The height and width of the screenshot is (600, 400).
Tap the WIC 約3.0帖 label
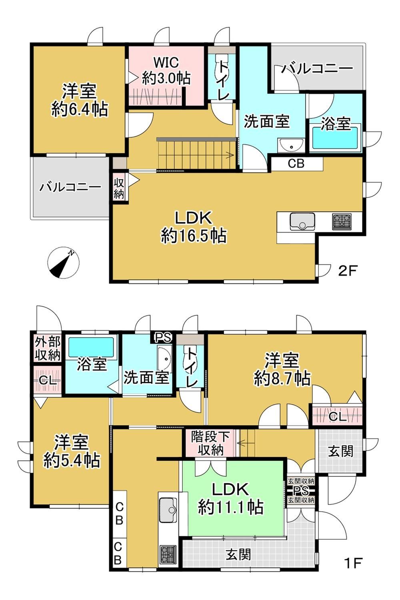point(166,71)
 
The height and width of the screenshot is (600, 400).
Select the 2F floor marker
point(348,271)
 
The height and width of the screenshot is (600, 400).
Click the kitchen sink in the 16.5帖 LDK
point(302,221)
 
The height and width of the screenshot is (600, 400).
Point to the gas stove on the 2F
point(342,221)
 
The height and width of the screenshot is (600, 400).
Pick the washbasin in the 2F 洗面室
point(291,146)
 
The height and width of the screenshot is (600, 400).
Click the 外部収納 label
point(48,348)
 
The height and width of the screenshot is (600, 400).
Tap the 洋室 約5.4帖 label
point(72,451)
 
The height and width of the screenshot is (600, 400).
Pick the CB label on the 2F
point(296,163)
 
